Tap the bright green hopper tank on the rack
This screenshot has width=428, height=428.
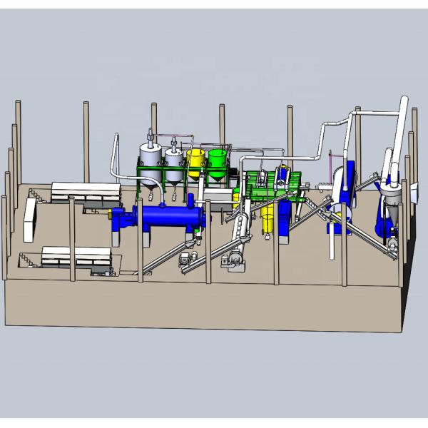pyautogui.click(x=217, y=163)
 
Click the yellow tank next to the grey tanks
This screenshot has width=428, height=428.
pyautogui.click(x=194, y=163)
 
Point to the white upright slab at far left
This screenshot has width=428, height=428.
pyautogui.click(x=30, y=218)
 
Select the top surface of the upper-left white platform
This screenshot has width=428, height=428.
pyautogui.click(x=86, y=188)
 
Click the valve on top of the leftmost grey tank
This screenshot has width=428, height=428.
pyautogui.click(x=149, y=135)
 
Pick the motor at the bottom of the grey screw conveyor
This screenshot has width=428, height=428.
pyautogui.click(x=235, y=265)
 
